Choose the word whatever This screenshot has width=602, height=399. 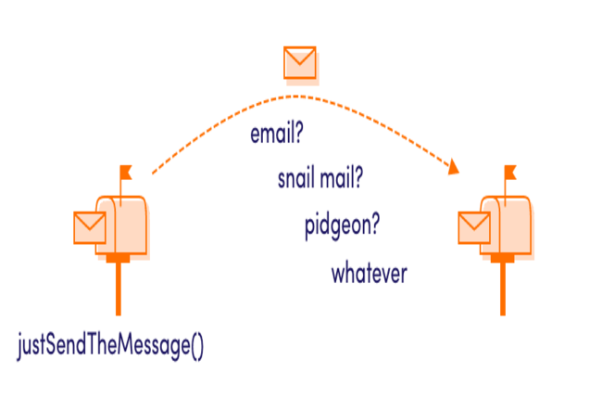tap(370, 275)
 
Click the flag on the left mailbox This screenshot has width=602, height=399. tap(124, 171)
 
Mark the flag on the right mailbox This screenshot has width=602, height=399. tap(509, 172)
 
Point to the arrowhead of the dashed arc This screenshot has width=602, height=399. tap(454, 169)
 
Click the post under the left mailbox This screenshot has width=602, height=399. tap(117, 288)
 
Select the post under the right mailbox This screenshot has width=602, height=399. tap(503, 288)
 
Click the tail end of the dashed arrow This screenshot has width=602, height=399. tap(153, 173)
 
